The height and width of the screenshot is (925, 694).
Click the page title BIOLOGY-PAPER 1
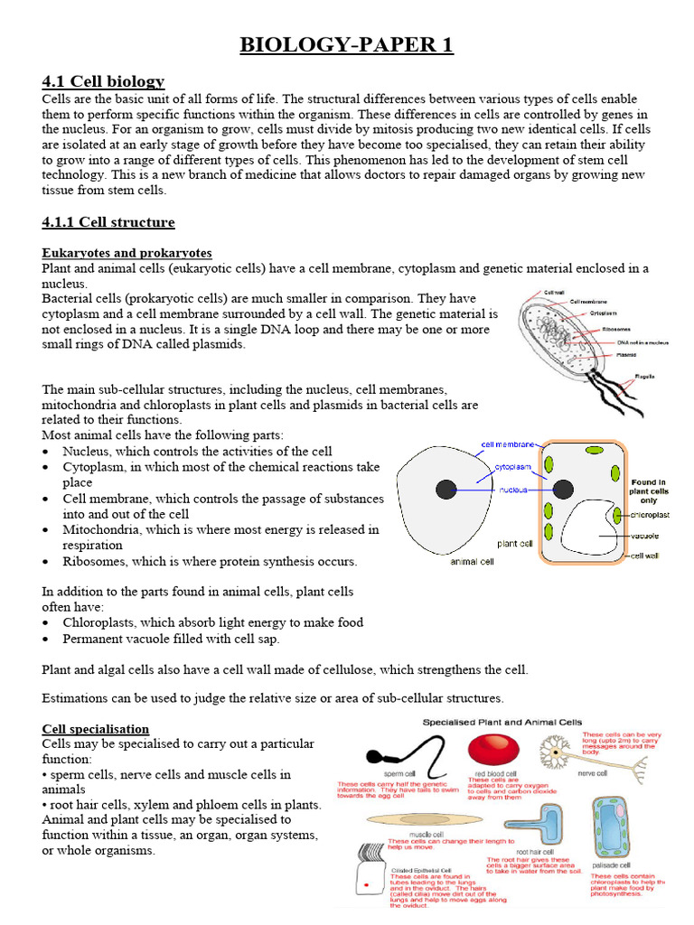coord(346,45)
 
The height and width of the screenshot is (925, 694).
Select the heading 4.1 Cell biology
coord(103,81)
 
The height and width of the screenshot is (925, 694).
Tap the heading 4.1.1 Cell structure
coord(108,222)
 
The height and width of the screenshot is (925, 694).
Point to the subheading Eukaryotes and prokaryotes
coord(127,253)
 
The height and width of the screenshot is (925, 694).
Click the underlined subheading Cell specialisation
coord(96,729)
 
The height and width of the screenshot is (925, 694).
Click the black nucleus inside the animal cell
coord(445,490)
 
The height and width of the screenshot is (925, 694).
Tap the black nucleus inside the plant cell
coord(563,490)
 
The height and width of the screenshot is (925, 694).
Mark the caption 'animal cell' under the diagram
coord(472,561)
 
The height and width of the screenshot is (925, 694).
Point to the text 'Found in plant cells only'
coord(649,491)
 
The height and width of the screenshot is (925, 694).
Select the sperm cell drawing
coord(393,757)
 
